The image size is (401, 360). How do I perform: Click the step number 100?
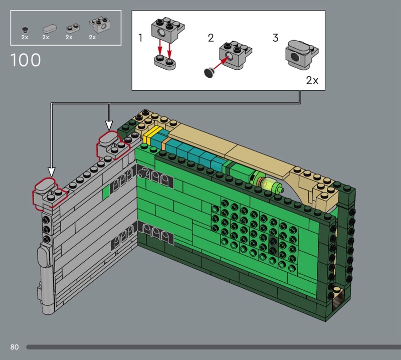(26, 60)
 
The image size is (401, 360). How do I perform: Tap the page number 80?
(15, 347)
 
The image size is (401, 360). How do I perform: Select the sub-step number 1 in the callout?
(140, 38)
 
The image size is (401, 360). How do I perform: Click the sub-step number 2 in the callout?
(211, 38)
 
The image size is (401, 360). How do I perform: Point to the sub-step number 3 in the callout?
(275, 38)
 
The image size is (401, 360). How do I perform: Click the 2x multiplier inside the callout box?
(312, 81)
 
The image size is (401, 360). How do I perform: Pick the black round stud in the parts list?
(25, 30)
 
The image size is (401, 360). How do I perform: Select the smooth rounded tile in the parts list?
(50, 29)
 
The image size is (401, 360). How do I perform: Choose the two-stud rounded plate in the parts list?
(73, 28)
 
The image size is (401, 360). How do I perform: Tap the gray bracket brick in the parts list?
(100, 25)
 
